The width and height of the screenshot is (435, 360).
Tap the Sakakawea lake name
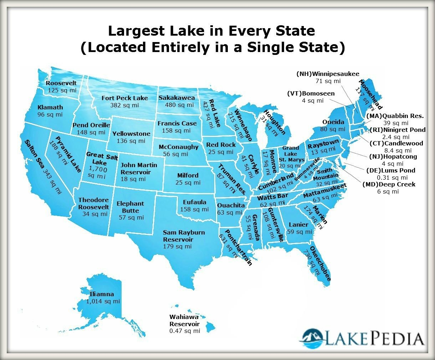(177, 98)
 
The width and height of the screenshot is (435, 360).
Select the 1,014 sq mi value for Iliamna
(103, 301)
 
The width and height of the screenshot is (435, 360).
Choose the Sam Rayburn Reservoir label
(184, 236)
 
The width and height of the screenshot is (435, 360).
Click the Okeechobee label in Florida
(320, 264)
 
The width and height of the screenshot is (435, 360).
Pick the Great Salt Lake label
(100, 159)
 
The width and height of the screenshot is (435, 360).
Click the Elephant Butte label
(130, 207)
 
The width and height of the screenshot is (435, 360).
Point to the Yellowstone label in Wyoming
(131, 134)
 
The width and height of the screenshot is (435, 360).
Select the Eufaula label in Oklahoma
(194, 202)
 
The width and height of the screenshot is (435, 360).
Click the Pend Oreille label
(91, 125)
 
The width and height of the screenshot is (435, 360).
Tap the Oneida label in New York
(333, 122)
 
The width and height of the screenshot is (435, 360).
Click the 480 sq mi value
(179, 105)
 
